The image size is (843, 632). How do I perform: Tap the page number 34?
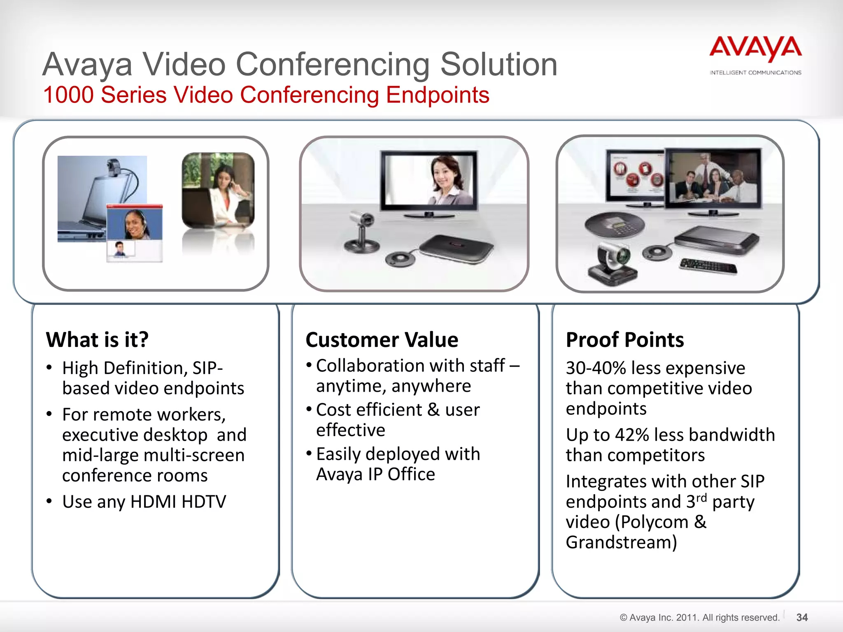pyautogui.click(x=802, y=617)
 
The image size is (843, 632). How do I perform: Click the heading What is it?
pyautogui.click(x=97, y=340)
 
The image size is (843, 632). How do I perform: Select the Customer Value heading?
pyautogui.click(x=382, y=340)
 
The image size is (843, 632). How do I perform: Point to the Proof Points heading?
pyautogui.click(x=624, y=340)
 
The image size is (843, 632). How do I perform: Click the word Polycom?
pyautogui.click(x=654, y=522)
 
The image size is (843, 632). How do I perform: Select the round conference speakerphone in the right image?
pyautogui.click(x=615, y=226)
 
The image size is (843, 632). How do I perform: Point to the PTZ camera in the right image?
pyautogui.click(x=613, y=263)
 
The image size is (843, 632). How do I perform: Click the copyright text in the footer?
pyautogui.click(x=699, y=617)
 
